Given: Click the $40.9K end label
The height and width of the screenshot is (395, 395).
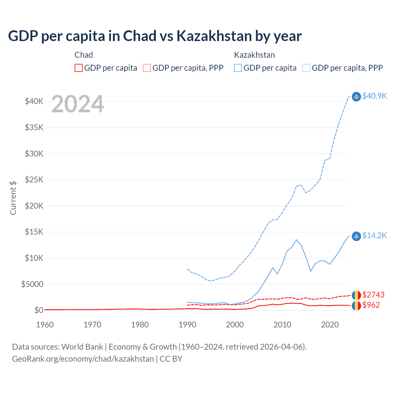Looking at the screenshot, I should [x=374, y=96].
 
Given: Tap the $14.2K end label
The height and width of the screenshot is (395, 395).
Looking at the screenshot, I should [x=374, y=235].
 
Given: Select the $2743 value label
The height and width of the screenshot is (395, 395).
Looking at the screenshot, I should [x=373, y=295].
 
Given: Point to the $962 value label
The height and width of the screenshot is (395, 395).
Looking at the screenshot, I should [x=371, y=305].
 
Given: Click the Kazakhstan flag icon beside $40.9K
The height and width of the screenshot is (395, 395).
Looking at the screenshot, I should [x=356, y=97].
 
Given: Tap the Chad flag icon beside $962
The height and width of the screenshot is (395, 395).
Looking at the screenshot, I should [x=356, y=306].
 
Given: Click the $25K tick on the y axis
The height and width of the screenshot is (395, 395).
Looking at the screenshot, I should [x=34, y=180].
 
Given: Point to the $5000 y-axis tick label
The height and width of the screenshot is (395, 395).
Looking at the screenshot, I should [x=32, y=284].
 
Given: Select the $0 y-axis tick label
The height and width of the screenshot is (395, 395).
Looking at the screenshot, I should [x=39, y=310].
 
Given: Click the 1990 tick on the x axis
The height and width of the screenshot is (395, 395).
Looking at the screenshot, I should [x=187, y=325].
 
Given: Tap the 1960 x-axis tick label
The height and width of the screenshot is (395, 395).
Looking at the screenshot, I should [x=45, y=325].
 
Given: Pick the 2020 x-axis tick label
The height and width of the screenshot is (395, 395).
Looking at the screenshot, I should [x=330, y=325].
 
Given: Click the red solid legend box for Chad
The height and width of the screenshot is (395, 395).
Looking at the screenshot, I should [x=79, y=68].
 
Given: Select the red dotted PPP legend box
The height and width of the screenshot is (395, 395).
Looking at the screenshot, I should [x=147, y=68].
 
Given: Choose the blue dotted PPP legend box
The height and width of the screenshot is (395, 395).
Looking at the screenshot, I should [x=306, y=68].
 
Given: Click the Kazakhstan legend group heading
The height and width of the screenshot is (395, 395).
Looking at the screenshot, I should [x=254, y=55].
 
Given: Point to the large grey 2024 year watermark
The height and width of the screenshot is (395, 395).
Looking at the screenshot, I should [x=77, y=104].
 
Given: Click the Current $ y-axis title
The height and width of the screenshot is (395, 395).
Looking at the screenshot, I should [x=13, y=198].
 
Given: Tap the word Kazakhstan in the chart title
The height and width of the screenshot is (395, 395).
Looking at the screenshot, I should [x=214, y=36].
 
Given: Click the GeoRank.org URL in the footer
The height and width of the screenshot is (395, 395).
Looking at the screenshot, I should [x=83, y=359].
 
